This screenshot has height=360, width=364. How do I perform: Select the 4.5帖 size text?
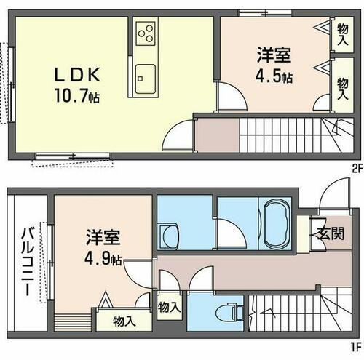273,76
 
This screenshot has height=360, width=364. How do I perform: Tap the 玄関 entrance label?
330,234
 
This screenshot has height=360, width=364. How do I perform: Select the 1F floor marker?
355,347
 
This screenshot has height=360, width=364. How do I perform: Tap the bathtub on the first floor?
274,223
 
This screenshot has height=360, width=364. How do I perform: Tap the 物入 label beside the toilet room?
169,307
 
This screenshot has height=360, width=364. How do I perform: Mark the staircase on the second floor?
291,135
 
